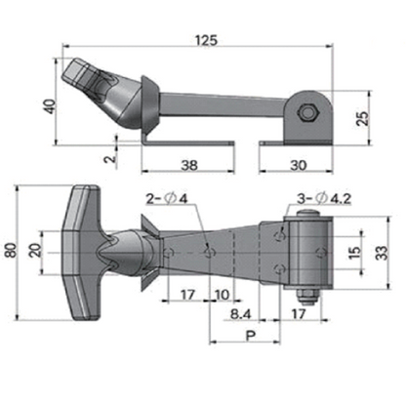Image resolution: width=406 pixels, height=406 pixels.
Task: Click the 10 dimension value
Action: tap(223, 294)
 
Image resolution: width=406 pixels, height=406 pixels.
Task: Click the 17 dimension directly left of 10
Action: tap(188, 294)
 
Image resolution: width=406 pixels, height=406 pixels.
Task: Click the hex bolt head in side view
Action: tap(306, 113)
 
